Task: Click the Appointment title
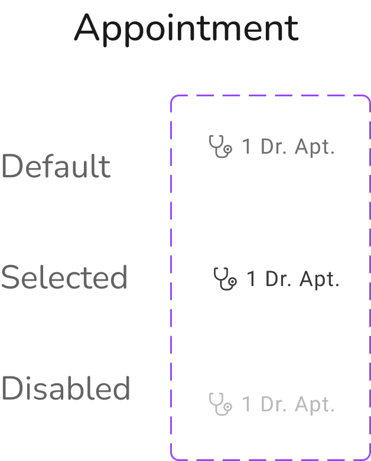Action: point(186,28)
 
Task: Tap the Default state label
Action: point(56,167)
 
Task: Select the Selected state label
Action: point(64,277)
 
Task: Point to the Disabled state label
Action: point(66,388)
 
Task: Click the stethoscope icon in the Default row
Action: point(220,146)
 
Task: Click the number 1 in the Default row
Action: point(248,147)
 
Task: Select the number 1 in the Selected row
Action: point(251,278)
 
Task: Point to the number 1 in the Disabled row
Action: point(247,405)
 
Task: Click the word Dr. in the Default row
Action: point(273,147)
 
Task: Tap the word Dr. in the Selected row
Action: point(277,278)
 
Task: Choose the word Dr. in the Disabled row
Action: point(273,405)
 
